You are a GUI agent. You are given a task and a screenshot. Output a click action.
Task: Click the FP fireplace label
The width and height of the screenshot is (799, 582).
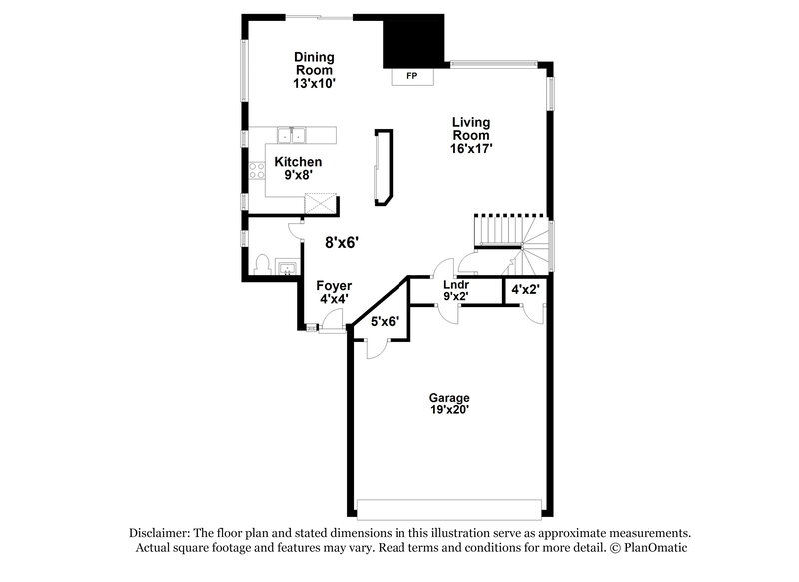tap(411, 76)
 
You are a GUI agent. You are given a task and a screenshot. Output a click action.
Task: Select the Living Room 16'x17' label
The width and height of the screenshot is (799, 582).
tap(470, 135)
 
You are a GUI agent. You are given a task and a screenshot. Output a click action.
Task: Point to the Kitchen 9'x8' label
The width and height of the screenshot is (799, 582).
tap(298, 168)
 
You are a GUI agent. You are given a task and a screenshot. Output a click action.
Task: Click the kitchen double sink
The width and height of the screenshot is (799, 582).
tap(296, 135)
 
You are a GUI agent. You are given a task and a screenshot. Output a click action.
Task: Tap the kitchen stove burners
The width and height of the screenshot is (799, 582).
tap(258, 169)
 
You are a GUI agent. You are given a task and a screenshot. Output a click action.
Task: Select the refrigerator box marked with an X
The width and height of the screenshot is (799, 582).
tap(321, 201)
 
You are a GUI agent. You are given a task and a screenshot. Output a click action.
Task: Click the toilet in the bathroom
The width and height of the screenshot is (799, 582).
tap(262, 264)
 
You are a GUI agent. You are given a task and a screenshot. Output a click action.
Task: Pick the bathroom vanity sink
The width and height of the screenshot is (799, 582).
tap(285, 267)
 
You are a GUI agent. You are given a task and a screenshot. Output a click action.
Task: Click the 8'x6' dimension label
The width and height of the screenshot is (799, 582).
tap(342, 242)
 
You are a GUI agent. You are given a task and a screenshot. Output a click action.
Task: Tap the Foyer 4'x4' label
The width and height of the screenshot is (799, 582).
tap(334, 292)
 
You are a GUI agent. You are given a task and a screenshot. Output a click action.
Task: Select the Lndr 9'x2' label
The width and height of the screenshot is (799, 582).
tap(457, 290)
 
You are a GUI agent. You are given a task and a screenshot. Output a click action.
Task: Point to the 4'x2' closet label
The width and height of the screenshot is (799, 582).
tap(525, 290)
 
